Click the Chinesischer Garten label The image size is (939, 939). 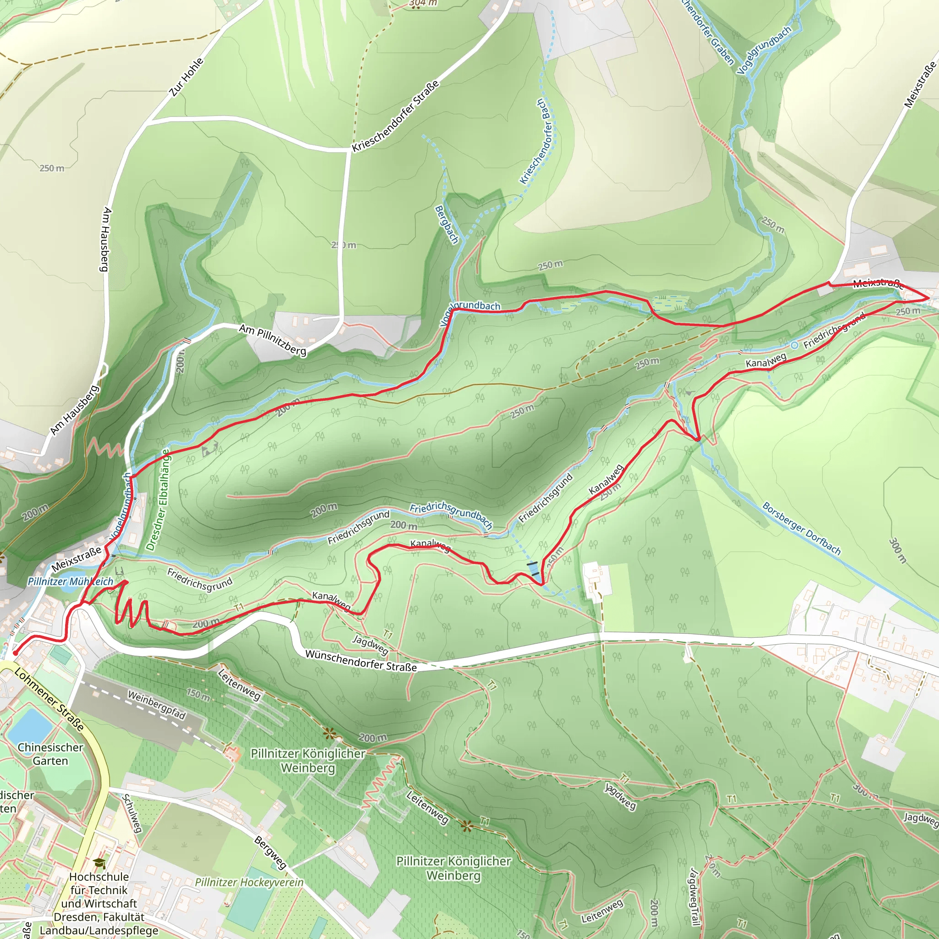(50, 754)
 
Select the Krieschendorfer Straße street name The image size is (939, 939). (396, 116)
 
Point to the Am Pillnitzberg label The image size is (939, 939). (272, 340)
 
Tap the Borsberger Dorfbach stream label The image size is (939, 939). (801, 529)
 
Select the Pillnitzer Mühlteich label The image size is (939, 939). (70, 581)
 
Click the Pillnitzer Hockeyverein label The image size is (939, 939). (249, 882)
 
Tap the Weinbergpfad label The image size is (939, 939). (156, 705)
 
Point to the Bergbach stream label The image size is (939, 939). (446, 225)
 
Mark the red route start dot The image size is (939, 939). (15, 654)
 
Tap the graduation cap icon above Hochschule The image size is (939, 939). (99, 863)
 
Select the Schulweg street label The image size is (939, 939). (132, 813)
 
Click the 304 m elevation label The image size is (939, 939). (423, 3)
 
